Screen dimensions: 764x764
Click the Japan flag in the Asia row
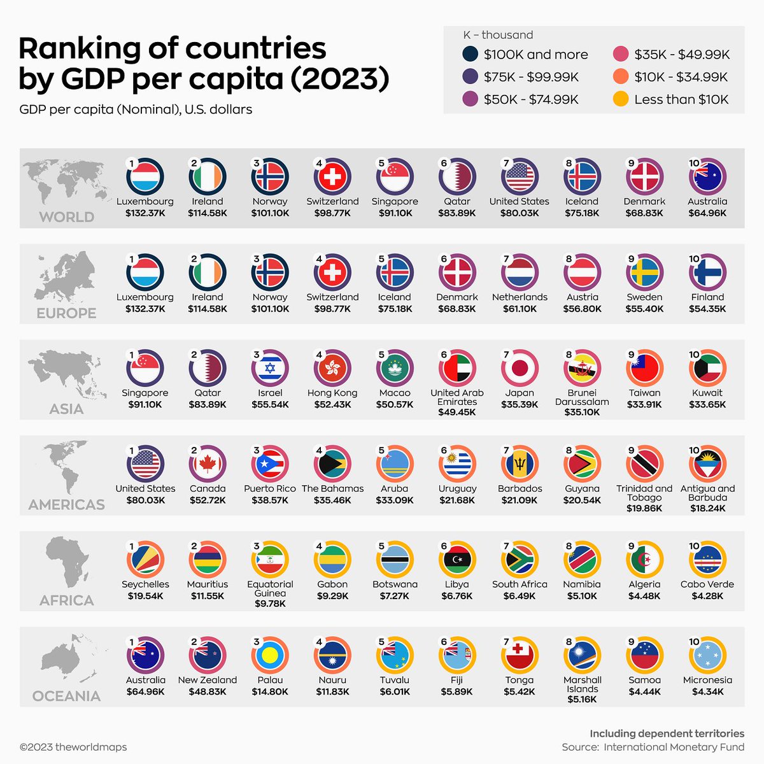click(x=520, y=368)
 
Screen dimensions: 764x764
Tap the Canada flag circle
click(x=208, y=464)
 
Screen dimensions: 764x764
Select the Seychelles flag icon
click(x=145, y=560)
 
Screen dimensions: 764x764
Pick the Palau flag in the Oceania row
click(x=270, y=655)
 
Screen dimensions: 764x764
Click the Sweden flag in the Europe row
click(x=644, y=272)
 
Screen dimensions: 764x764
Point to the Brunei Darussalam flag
click(x=582, y=368)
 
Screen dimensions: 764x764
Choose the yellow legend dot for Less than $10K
click(x=621, y=99)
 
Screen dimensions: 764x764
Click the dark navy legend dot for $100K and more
click(x=470, y=55)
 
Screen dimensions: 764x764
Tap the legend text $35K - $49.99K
click(x=682, y=55)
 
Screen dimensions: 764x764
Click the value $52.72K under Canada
click(x=208, y=500)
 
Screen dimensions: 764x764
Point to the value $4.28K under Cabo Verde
click(x=707, y=596)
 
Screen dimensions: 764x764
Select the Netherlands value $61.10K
click(x=520, y=309)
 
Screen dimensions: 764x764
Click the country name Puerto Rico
click(x=270, y=488)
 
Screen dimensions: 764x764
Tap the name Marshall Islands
click(x=582, y=684)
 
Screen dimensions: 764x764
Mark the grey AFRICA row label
click(x=66, y=600)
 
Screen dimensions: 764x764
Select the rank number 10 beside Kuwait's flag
click(x=694, y=355)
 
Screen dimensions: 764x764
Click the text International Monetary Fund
click(x=674, y=747)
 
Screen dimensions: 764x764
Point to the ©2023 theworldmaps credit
click(x=73, y=747)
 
